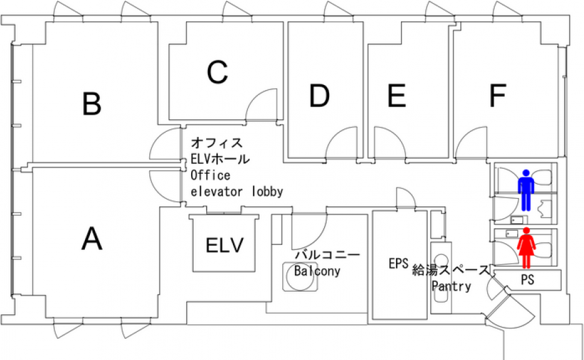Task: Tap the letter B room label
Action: pyautogui.click(x=92, y=104)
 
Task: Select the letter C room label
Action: pyautogui.click(x=217, y=72)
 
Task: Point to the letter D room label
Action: pyautogui.click(x=319, y=96)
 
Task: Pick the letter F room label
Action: pyautogui.click(x=497, y=96)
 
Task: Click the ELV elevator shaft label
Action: pyautogui.click(x=224, y=245)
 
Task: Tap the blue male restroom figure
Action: pyautogui.click(x=527, y=189)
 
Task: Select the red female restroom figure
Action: pyautogui.click(x=527, y=247)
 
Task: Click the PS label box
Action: pyautogui.click(x=528, y=281)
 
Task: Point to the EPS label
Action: pyautogui.click(x=398, y=264)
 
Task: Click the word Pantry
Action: pyautogui.click(x=452, y=286)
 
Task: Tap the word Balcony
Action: pyautogui.click(x=317, y=271)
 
